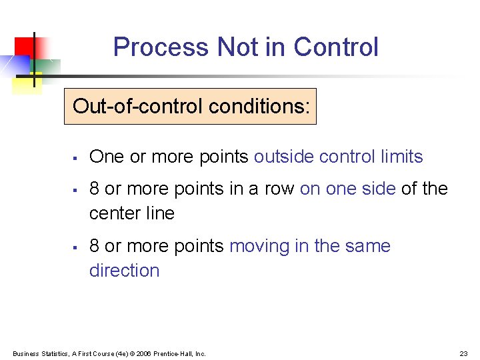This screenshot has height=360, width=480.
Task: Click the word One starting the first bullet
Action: click(x=107, y=157)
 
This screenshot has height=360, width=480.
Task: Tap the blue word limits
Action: click(x=401, y=157)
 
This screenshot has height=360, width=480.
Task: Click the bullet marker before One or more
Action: click(x=76, y=158)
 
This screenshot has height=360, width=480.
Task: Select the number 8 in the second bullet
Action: click(x=95, y=189)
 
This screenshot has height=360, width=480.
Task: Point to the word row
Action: click(x=279, y=189)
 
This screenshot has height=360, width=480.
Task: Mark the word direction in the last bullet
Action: click(x=125, y=271)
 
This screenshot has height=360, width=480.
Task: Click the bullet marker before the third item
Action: click(x=76, y=247)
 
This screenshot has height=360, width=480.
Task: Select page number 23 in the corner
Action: click(x=463, y=353)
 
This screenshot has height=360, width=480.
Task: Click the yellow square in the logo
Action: click(x=27, y=83)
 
